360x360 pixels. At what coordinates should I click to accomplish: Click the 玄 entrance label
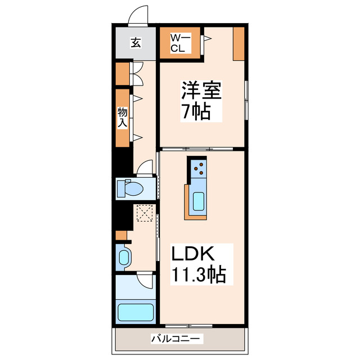pos(136,42)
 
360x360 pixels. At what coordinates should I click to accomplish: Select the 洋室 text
pos(201,91)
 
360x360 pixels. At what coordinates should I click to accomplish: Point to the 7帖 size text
pos(195,111)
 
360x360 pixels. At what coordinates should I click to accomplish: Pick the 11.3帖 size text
pos(199,276)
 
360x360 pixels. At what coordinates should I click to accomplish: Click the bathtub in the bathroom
pos(135,313)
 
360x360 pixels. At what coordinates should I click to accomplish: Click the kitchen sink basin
pos(198,201)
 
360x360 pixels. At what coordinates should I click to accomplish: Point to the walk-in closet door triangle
pos(207,39)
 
